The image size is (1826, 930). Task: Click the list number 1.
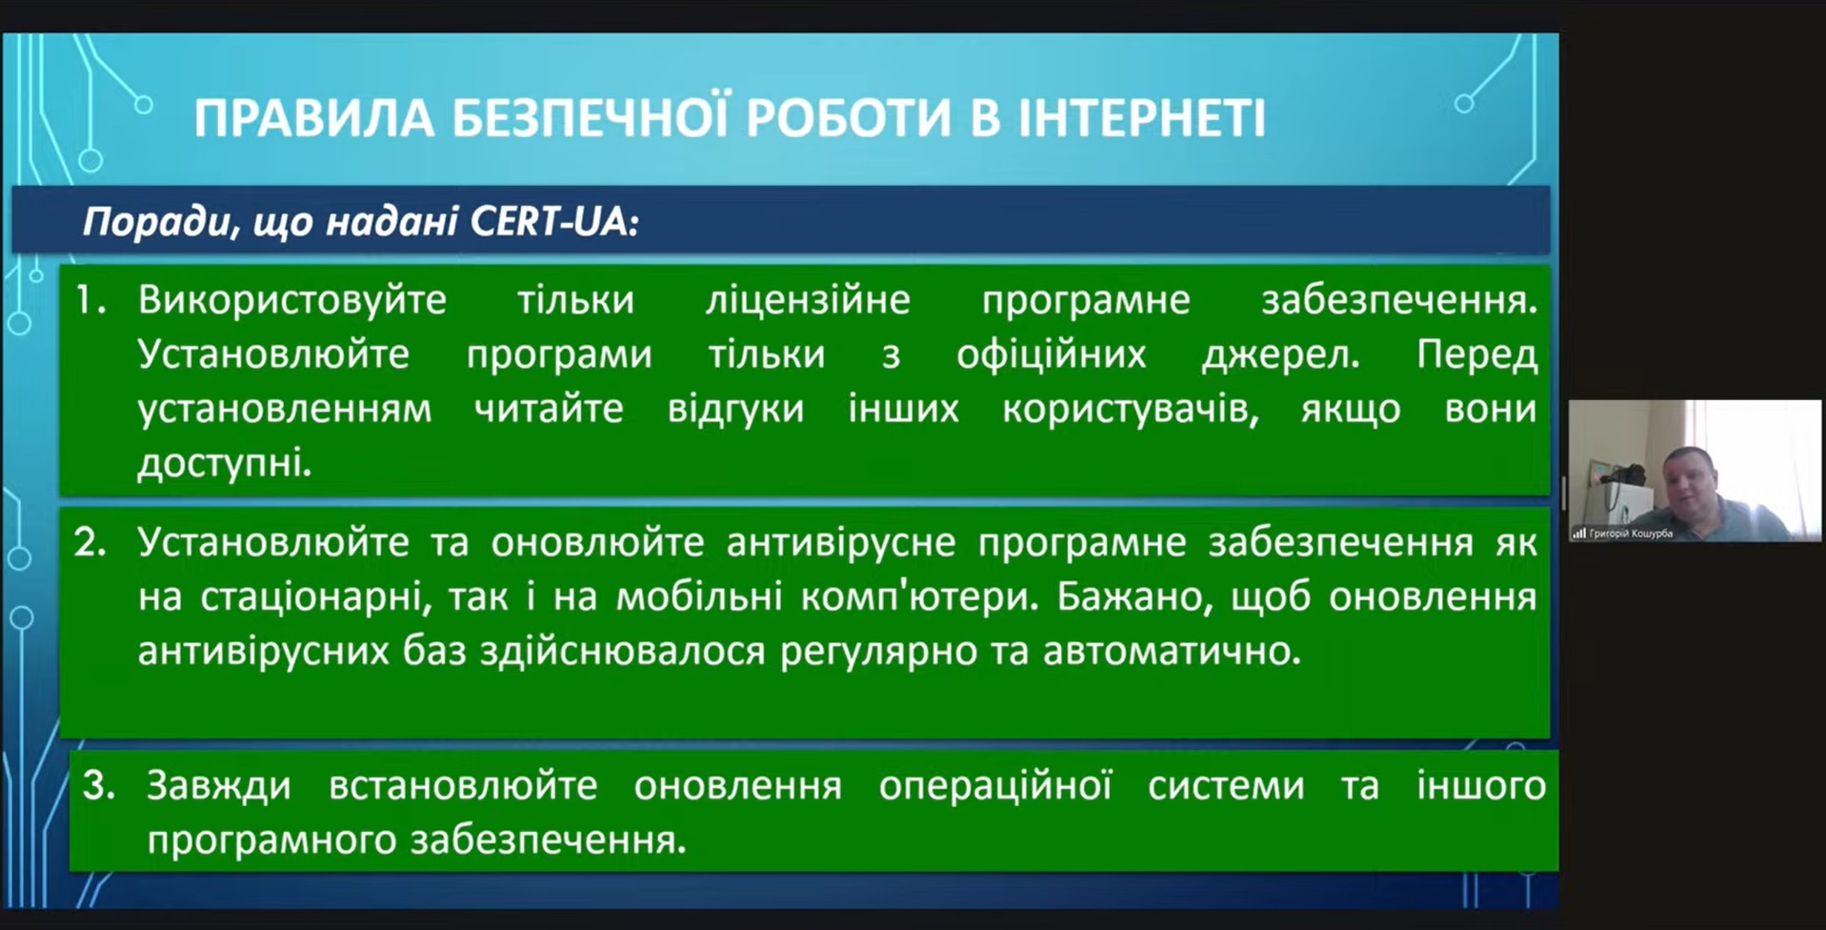click(90, 300)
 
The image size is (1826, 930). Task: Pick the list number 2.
click(90, 542)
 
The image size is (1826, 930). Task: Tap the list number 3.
click(99, 785)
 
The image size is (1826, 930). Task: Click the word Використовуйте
click(292, 301)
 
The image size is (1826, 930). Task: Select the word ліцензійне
click(808, 300)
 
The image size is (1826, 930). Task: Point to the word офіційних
click(1052, 354)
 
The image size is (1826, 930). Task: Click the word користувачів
click(1126, 410)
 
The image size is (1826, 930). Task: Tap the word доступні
click(225, 464)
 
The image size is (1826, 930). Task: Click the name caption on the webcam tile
click(1631, 534)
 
